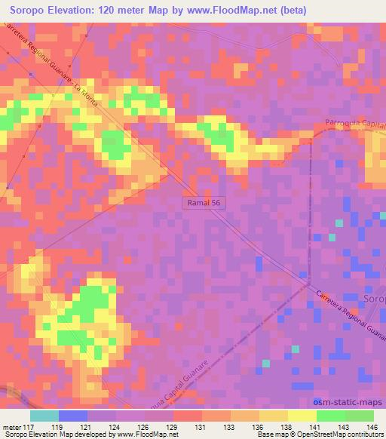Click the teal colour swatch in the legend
pos(44,416)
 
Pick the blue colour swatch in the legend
pos(73,416)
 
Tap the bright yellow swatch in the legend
pos(302,416)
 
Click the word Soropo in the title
pos(30,9)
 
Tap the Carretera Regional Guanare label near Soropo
pos(351,313)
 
